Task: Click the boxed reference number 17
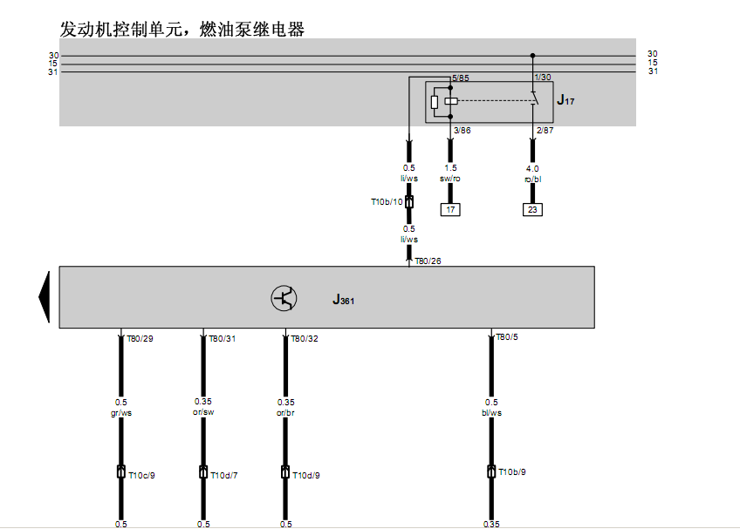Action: pos(450,209)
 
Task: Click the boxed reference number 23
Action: pos(532,209)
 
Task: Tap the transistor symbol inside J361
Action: pos(284,298)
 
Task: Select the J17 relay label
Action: pos(565,100)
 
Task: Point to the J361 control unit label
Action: pos(343,300)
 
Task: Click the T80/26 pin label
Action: pos(428,261)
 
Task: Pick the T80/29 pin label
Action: pos(140,338)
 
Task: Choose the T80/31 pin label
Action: pos(223,338)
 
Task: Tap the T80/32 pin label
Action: pos(305,338)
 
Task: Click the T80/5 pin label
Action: pos(507,336)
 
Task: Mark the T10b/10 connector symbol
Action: pos(409,202)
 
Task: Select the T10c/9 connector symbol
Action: pos(120,471)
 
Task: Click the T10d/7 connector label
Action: pos(224,475)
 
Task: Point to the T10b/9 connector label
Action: pos(512,472)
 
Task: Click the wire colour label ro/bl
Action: pos(533,180)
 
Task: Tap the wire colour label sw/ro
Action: pos(450,178)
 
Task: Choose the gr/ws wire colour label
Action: pos(121,412)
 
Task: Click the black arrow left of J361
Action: pos(45,297)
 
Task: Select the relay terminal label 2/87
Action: pos(545,130)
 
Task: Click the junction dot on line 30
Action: pos(533,56)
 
